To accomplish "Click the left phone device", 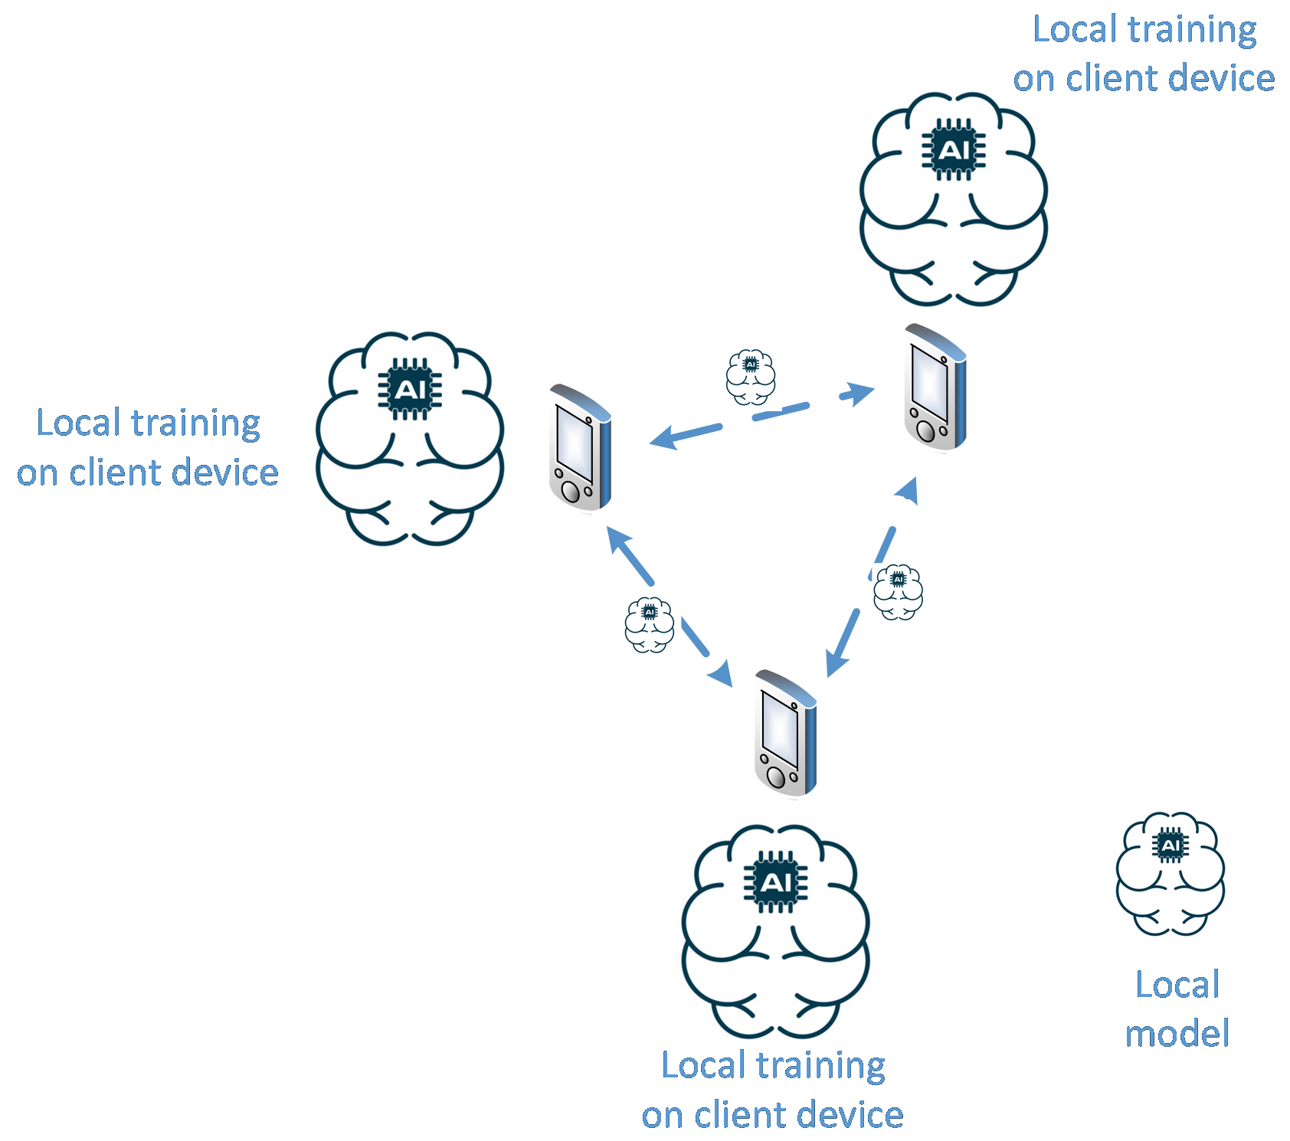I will pyautogui.click(x=580, y=447).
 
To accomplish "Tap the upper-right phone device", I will pyautogui.click(x=935, y=389).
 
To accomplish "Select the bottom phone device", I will pyautogui.click(x=786, y=734).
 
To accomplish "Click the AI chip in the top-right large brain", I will pyautogui.click(x=954, y=150).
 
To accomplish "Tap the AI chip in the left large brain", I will pyautogui.click(x=410, y=390).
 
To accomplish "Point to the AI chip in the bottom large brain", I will pyautogui.click(x=776, y=883).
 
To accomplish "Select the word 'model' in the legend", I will pyautogui.click(x=1177, y=1034).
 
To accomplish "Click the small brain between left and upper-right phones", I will pyautogui.click(x=752, y=378).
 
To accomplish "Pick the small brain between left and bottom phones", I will pyautogui.click(x=651, y=626).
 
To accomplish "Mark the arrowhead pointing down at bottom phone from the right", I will pyautogui.click(x=835, y=664).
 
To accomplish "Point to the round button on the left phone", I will pyautogui.click(x=571, y=491).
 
